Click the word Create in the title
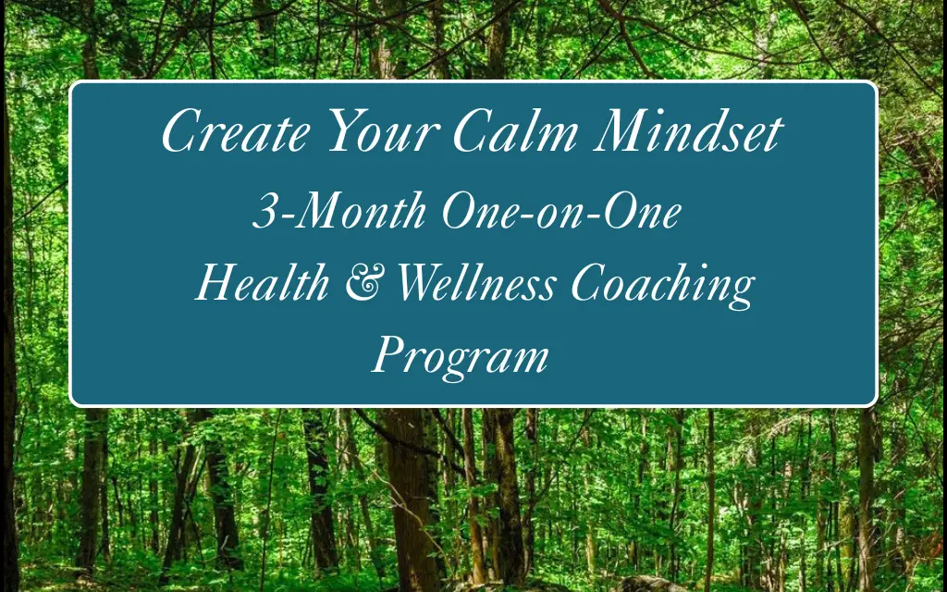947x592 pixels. click(x=236, y=131)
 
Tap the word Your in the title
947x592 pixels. click(x=382, y=131)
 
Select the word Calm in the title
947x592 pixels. click(x=515, y=131)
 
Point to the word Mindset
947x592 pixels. click(x=688, y=131)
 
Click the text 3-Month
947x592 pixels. click(x=339, y=210)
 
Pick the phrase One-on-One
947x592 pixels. click(x=561, y=210)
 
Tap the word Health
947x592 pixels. click(x=262, y=283)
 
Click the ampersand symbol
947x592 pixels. click(x=363, y=284)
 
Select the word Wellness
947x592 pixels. click(x=476, y=283)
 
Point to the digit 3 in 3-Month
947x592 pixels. click(x=264, y=211)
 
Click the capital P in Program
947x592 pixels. click(x=388, y=354)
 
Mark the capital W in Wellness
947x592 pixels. click(x=422, y=283)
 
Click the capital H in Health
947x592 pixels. click(x=216, y=283)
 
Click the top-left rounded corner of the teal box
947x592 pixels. click(x=72, y=83)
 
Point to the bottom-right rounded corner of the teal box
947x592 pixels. click(x=875, y=403)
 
